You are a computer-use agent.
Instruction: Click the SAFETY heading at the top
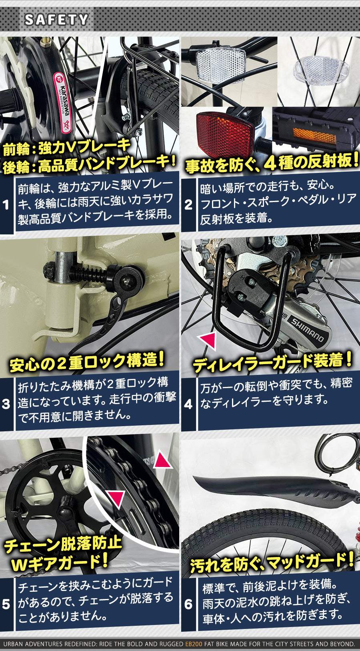coord(56,20)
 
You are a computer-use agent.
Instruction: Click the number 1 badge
coord(6,205)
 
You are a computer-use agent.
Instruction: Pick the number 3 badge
coord(6,404)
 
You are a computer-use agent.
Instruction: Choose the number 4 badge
coord(188,404)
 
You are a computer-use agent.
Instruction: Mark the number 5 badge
coord(6,604)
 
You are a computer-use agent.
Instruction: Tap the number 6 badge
coord(188,604)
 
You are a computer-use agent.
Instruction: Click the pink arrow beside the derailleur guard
coord(208,341)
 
